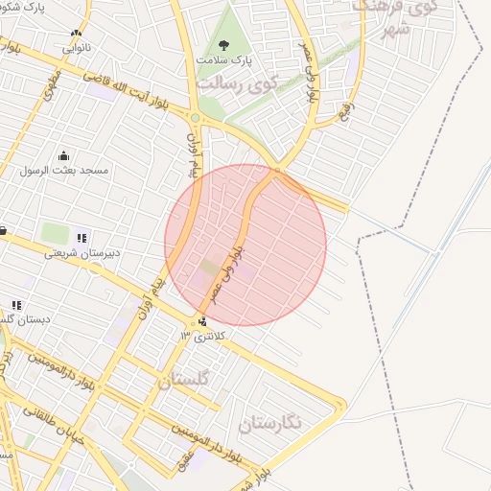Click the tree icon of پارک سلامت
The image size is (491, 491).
click(224, 44)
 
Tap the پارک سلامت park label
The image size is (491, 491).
click(223, 59)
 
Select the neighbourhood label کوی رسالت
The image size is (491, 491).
click(237, 82)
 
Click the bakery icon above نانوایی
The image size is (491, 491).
click(76, 34)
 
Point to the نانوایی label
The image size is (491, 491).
click(78, 47)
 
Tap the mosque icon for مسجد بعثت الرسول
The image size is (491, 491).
click(64, 155)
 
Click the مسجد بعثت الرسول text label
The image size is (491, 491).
click(64, 170)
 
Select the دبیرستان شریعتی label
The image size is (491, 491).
click(80, 254)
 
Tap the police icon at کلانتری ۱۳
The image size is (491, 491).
click(201, 321)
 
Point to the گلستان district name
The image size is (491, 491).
click(182, 380)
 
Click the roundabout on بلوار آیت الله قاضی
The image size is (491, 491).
click(195, 118)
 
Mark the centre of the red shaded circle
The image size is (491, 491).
click(245, 245)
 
